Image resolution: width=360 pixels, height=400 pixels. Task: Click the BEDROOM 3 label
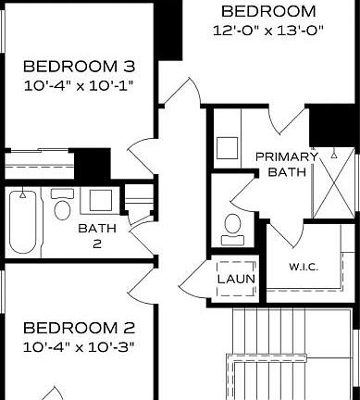click(x=79, y=67)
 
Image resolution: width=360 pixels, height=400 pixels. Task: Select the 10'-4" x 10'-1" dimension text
click(x=79, y=85)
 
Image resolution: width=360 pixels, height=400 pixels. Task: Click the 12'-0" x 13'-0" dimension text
click(x=268, y=30)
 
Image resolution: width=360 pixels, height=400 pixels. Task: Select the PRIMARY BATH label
click(x=286, y=164)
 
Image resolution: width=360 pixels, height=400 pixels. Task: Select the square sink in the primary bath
click(x=226, y=149)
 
